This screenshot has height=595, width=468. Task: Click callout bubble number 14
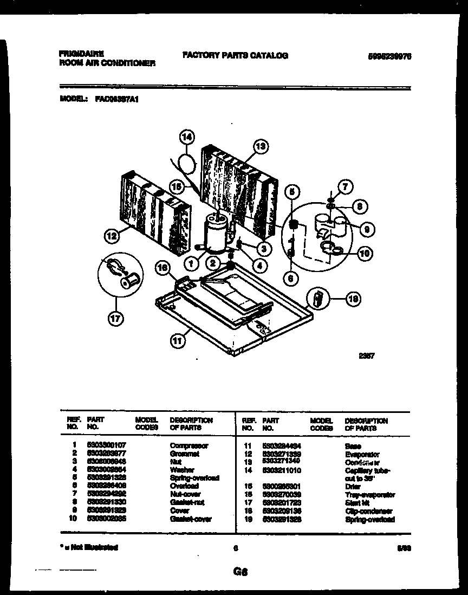[186, 138]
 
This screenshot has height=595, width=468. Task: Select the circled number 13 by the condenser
[261, 146]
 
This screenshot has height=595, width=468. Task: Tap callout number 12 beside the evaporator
[112, 236]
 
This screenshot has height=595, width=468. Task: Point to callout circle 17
[115, 319]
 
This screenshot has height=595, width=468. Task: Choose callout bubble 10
[366, 252]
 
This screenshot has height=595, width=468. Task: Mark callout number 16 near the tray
[163, 266]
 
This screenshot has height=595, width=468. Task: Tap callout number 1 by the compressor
[191, 264]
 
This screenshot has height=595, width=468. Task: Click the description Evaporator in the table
[362, 454]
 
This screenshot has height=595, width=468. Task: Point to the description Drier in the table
[353, 487]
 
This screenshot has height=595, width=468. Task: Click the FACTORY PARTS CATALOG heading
[235, 55]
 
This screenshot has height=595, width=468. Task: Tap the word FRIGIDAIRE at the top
[81, 54]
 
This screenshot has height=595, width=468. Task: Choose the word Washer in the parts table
[181, 470]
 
